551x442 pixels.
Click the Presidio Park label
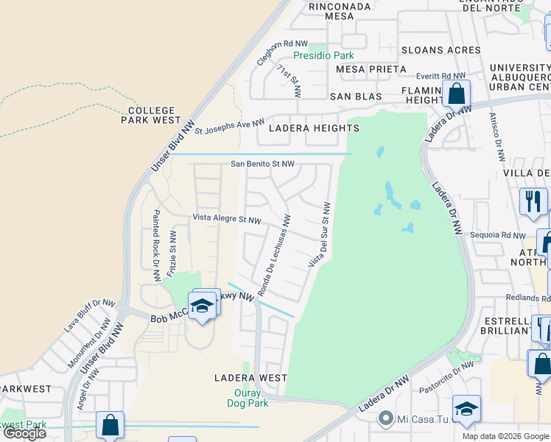[x=323, y=55]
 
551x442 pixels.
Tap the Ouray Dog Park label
[x=246, y=398]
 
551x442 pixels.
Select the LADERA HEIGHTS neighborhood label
[x=314, y=128]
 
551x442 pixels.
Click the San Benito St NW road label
[x=262, y=164]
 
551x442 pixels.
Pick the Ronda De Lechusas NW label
[x=275, y=252]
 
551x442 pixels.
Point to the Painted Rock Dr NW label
[x=156, y=245]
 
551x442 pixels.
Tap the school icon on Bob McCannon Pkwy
[x=201, y=307]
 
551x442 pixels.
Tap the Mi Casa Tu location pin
[x=385, y=420]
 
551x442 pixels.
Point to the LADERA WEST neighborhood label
[x=250, y=378]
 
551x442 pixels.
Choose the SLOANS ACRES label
[x=441, y=50]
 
